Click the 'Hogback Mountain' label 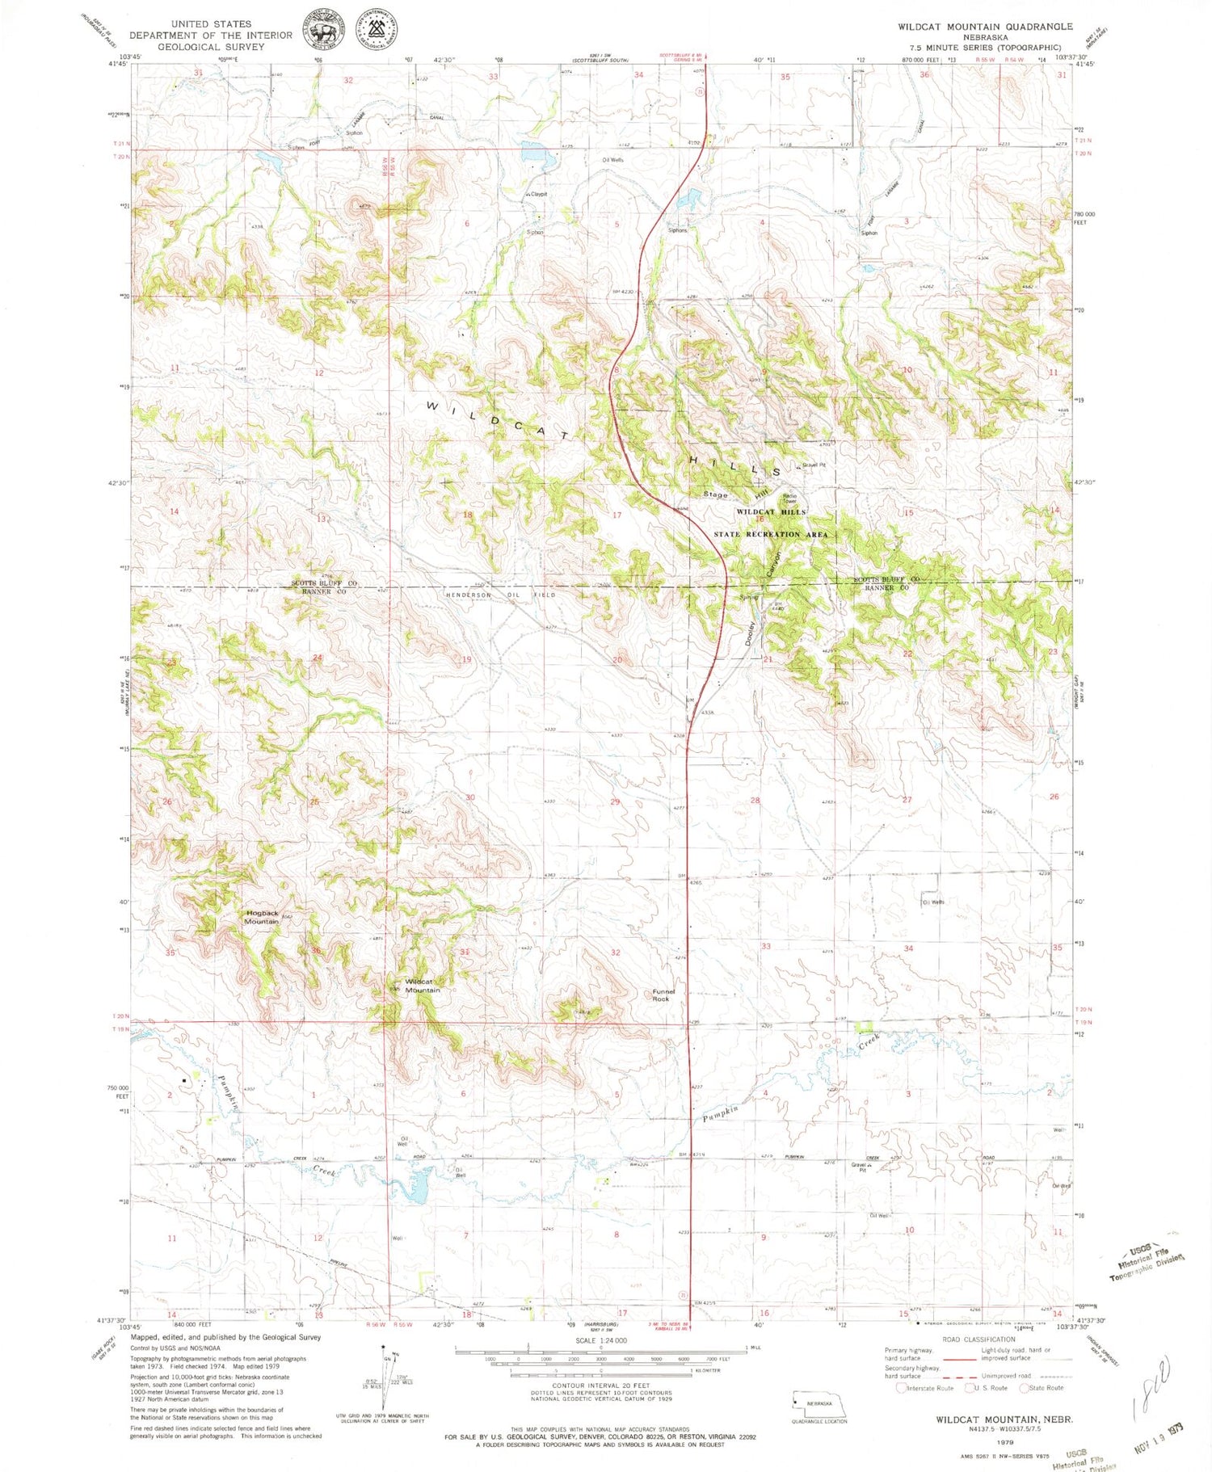[x=262, y=917]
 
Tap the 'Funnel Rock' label [x=663, y=995]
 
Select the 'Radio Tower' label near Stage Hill [x=789, y=498]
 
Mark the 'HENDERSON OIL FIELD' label [x=501, y=595]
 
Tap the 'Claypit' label [x=538, y=194]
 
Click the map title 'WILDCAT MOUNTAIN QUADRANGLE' [x=985, y=27]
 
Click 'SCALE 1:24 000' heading [x=600, y=1340]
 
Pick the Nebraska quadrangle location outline [x=819, y=1403]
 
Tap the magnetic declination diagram [x=383, y=1377]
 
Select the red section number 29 [x=615, y=801]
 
